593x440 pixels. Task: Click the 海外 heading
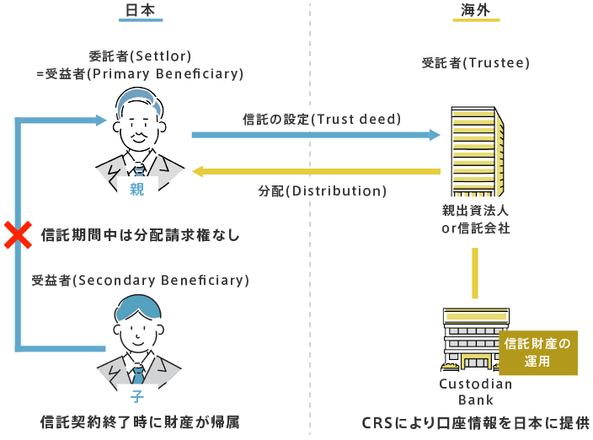pyautogui.click(x=475, y=11)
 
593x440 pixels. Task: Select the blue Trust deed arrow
pyautogui.click(x=316, y=134)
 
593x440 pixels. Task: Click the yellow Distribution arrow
pyautogui.click(x=316, y=172)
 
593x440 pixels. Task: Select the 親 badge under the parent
pyautogui.click(x=137, y=190)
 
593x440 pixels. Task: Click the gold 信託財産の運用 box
pyautogui.click(x=537, y=351)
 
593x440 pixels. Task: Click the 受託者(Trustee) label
pyautogui.click(x=476, y=63)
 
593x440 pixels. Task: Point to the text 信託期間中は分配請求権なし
pyautogui.click(x=141, y=235)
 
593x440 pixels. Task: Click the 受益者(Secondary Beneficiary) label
pyautogui.click(x=141, y=280)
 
